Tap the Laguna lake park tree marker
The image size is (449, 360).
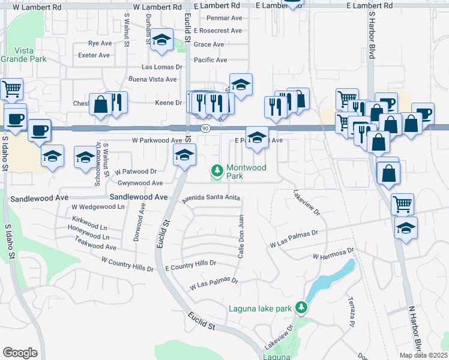[301, 309]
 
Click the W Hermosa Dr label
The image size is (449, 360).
[334, 256]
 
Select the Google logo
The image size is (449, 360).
[20, 352]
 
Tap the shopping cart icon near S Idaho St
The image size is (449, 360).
[11, 89]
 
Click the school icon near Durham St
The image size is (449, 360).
[160, 40]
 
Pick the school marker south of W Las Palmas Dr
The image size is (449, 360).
[406, 229]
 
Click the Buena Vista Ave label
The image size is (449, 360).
[152, 79]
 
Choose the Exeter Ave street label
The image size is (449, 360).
[94, 55]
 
